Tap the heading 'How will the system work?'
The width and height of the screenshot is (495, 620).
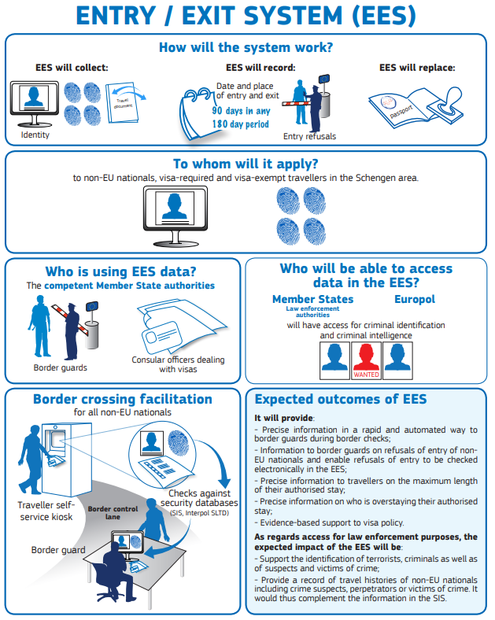(x=246, y=47)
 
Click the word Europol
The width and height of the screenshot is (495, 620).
(x=414, y=300)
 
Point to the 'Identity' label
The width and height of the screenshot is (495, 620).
(x=35, y=135)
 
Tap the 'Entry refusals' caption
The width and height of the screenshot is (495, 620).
(x=309, y=136)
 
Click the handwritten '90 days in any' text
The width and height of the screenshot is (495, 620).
(x=241, y=111)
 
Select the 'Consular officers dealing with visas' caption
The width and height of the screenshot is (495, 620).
(x=178, y=364)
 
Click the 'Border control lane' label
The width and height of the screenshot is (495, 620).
(x=113, y=514)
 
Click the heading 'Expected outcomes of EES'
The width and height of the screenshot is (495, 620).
(x=340, y=400)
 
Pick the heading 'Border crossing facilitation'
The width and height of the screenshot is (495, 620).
(x=121, y=399)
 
